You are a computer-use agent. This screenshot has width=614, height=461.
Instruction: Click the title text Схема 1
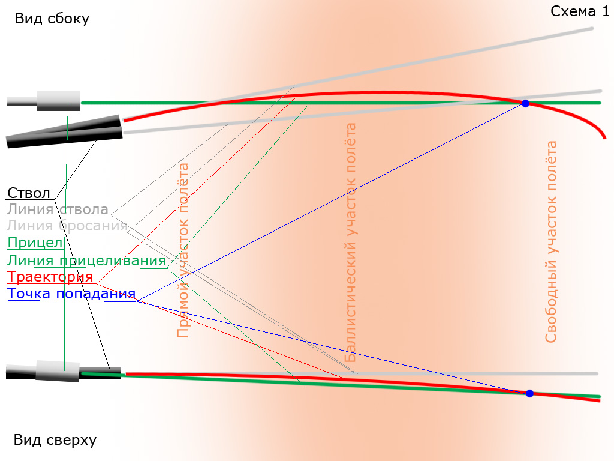(x=580, y=11)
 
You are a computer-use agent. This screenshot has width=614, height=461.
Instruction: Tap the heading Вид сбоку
(x=52, y=19)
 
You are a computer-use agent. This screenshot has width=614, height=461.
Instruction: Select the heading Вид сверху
(x=55, y=440)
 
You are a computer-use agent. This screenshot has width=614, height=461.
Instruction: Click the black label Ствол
(x=29, y=193)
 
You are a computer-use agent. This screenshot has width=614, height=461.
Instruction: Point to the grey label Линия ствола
(x=58, y=209)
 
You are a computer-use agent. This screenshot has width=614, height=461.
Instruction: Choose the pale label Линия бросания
(x=67, y=226)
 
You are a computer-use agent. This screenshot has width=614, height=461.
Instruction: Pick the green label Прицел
(x=35, y=243)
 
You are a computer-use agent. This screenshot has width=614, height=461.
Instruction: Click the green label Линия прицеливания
(x=86, y=261)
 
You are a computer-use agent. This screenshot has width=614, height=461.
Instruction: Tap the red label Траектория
(x=50, y=277)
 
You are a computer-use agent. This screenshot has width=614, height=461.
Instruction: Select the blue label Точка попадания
(x=71, y=293)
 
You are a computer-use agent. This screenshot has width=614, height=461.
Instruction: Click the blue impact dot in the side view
(x=525, y=103)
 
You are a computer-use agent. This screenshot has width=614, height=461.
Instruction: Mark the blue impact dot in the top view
(x=529, y=393)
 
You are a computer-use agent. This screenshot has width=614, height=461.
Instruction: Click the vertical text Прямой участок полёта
(x=183, y=250)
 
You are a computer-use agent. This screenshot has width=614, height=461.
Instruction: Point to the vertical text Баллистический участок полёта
(x=350, y=243)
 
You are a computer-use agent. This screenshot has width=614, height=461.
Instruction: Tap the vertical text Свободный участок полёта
(x=551, y=242)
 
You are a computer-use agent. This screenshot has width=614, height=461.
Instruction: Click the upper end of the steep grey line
(x=592, y=29)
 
